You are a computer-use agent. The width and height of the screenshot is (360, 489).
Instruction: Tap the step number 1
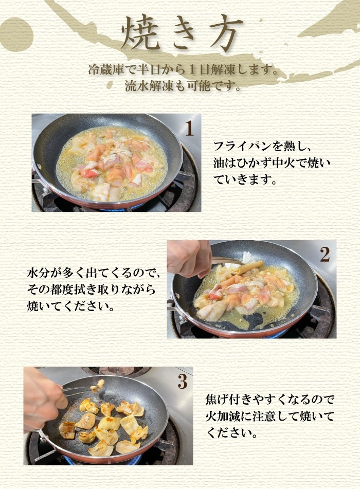pos(189,129)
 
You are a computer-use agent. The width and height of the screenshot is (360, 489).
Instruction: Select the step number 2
pos(325,255)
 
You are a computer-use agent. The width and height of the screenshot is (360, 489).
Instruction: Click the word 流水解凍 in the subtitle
pos(149,86)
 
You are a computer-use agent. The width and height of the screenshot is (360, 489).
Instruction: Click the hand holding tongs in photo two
pos(188,259)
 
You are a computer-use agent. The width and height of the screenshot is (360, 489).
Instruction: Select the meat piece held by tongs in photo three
pos(100,384)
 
